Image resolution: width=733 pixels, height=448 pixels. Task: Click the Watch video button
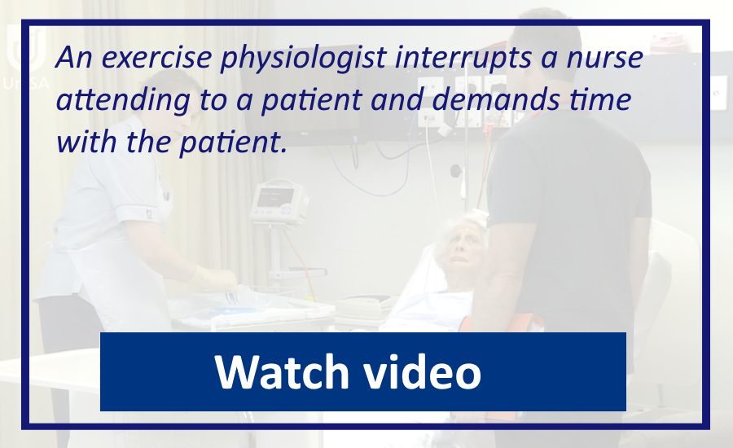(362, 371)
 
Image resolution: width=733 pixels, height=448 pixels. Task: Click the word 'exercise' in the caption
(157, 57)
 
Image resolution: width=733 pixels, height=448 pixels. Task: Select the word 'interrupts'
(463, 58)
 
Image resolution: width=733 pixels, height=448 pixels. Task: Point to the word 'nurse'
(605, 58)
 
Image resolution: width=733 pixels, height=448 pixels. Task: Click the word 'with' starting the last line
(86, 142)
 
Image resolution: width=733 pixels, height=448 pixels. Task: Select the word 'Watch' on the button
(282, 371)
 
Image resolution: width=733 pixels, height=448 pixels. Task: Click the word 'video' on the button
(422, 371)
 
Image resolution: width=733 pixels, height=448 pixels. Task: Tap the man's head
(545, 51)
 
